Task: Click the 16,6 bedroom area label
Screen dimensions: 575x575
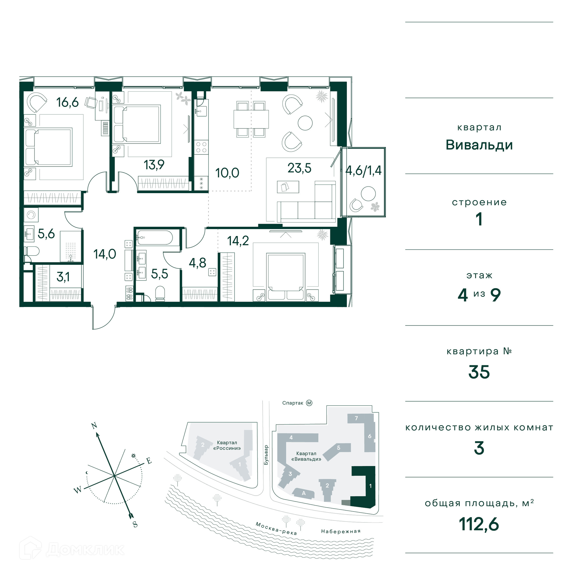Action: pos(67,102)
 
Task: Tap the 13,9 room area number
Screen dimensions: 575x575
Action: pos(154,165)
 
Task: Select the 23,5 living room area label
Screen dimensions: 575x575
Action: pos(299,168)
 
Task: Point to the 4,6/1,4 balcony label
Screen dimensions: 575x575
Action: pos(363,170)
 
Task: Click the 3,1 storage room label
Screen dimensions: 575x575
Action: pos(63,277)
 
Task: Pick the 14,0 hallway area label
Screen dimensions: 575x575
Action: pos(105,254)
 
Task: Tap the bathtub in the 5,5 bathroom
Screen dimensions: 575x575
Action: pos(155,238)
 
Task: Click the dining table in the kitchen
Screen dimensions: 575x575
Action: pos(251,119)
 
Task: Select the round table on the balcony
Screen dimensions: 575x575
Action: pos(368,193)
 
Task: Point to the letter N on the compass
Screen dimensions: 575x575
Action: pos(94,426)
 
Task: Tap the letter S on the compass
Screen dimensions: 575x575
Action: pos(135,524)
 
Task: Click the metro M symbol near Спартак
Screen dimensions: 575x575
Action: pos(309,403)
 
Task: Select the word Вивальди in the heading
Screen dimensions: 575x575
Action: pos(479,145)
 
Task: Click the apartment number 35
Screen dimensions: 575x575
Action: pos(479,372)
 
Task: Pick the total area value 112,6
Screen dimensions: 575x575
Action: pos(479,524)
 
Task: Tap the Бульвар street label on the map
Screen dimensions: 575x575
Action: pos(266,455)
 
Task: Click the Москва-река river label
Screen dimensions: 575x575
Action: pos(276,528)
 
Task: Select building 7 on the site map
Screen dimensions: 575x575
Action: pos(356,418)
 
